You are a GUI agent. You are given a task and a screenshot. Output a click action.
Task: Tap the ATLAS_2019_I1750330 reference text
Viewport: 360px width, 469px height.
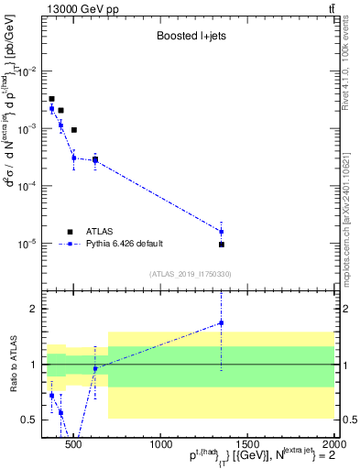point(190,274)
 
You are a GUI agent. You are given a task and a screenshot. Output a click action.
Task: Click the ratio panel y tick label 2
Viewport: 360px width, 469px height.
point(33,309)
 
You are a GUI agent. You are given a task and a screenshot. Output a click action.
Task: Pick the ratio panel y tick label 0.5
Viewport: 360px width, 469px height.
point(30,420)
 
